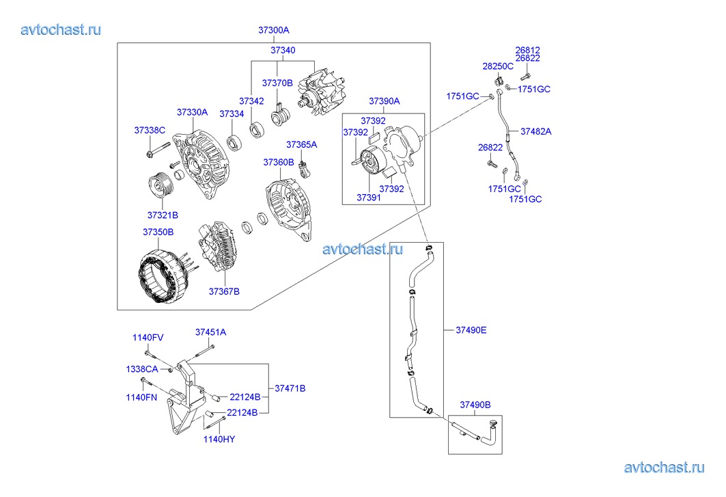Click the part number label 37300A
(274, 31)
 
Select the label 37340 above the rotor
(283, 51)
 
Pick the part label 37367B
(224, 292)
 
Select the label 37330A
(192, 112)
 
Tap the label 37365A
(301, 145)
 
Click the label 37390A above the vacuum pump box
(385, 101)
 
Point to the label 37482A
(536, 131)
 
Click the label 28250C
(498, 66)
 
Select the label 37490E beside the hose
(471, 330)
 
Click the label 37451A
(210, 332)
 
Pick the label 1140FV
(148, 338)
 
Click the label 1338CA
(141, 369)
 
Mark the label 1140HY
(219, 439)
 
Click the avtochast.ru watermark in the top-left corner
(61, 29)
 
